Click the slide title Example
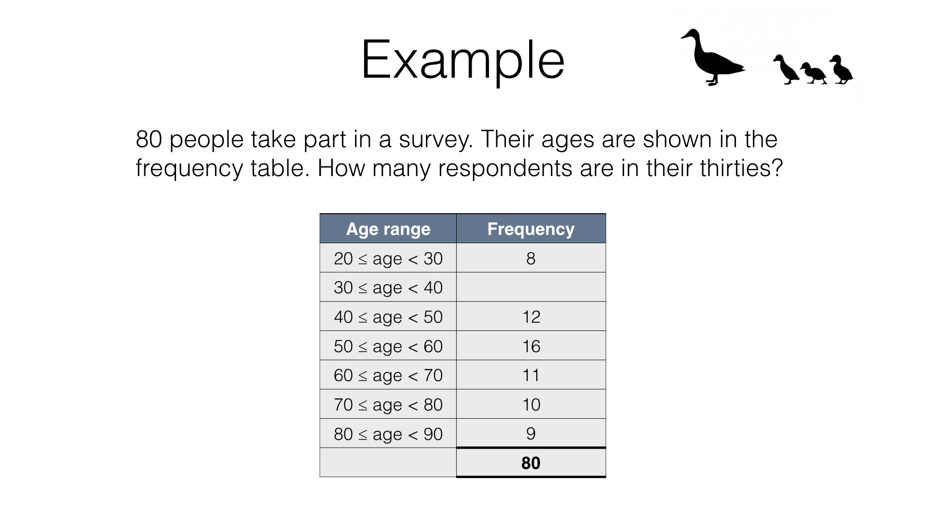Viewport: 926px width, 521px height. click(463, 61)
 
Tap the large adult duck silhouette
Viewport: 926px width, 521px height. click(713, 57)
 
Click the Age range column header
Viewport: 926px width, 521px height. click(388, 229)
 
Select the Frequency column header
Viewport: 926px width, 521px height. click(531, 229)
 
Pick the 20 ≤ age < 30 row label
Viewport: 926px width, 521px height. click(388, 259)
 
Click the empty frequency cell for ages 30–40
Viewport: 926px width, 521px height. click(531, 287)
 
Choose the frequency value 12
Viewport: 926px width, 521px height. click(531, 317)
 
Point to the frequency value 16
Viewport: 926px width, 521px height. click(531, 346)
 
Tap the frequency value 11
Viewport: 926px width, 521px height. click(531, 375)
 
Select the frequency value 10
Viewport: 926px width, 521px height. click(531, 405)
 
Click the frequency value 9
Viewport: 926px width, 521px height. click(531, 434)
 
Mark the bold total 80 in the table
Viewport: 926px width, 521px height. click(531, 463)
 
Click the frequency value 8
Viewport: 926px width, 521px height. click(531, 259)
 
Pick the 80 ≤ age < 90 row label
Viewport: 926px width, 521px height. click(388, 434)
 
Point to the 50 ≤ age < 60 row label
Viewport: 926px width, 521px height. click(388, 346)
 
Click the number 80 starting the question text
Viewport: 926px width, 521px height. click(149, 139)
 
